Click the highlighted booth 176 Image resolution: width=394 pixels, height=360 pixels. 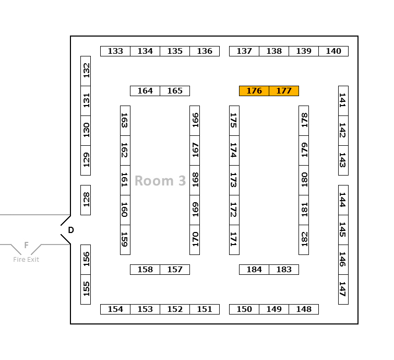254,91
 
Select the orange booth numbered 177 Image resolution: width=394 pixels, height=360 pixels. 284,91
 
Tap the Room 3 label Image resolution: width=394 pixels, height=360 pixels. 160,181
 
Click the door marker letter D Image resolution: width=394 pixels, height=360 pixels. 71,230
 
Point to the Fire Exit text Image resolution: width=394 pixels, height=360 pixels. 26,259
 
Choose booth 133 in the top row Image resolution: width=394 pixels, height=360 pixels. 115,51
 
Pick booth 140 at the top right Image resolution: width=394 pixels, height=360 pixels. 333,51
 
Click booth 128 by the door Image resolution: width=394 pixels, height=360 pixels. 86,200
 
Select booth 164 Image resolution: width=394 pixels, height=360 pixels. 145,91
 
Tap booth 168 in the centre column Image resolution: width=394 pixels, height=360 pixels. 195,180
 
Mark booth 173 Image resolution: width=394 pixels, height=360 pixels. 234,180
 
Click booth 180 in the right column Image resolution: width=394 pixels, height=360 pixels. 304,180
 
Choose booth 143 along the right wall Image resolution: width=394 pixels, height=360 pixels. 343,160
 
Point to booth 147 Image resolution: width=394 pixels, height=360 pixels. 343,289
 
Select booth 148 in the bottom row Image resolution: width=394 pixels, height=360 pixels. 304,309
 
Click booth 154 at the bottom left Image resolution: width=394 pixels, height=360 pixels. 115,309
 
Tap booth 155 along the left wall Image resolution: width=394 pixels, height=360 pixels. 86,289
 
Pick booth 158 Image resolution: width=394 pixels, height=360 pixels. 145,270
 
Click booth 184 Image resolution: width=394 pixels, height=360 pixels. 254,270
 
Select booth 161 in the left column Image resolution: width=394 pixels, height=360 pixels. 125,180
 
